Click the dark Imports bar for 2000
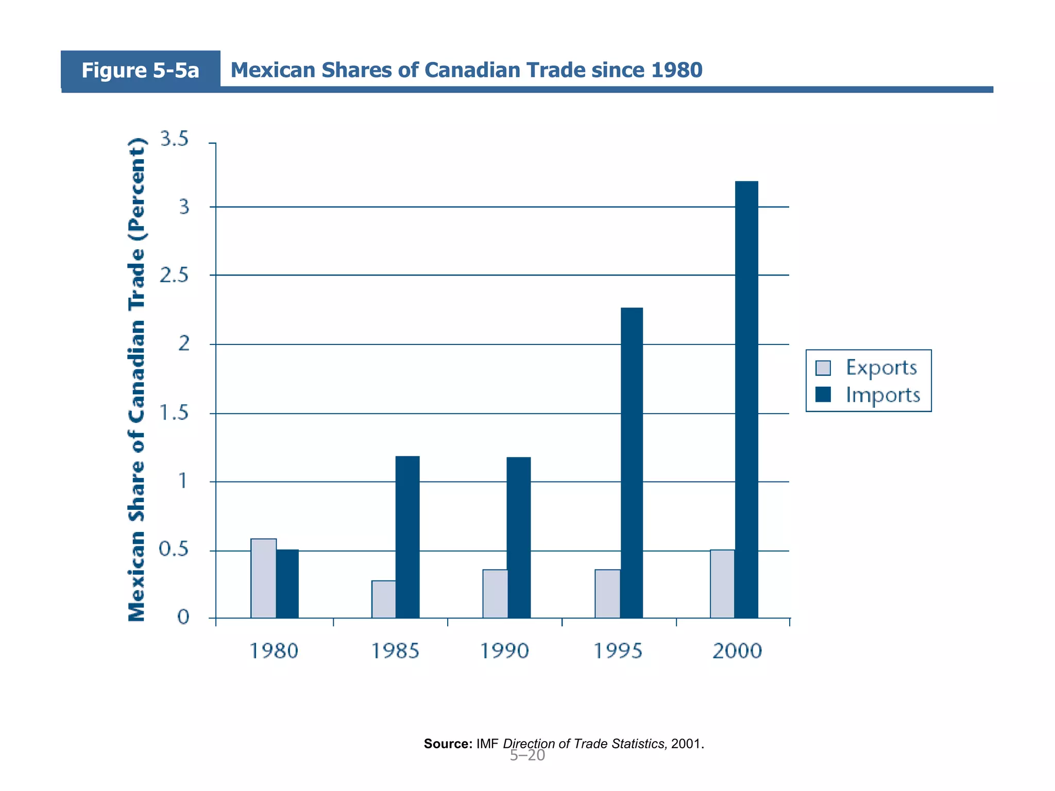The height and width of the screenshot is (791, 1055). pos(746,399)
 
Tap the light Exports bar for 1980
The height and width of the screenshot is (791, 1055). pos(263,578)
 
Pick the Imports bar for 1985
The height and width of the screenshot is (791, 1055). pos(407,537)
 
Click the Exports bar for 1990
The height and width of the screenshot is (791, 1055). pos(495,593)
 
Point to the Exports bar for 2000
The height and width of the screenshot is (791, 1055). pos(722,583)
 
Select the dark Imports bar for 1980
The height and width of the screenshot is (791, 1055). pos(287,583)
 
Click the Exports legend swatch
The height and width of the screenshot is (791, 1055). pos(823,368)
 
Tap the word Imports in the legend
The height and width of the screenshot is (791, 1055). pos(882,395)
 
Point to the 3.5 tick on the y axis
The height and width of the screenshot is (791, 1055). pos(175,139)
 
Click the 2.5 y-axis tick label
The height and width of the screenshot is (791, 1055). pos(175,276)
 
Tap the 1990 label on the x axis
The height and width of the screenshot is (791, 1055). pos(504,651)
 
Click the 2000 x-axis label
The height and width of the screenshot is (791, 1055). pos(737,651)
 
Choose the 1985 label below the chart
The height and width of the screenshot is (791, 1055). pos(395,651)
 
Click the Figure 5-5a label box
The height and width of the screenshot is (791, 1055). pos(140,70)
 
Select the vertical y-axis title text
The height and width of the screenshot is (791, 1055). pos(137,380)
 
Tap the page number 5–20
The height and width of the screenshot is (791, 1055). pos(527,755)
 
